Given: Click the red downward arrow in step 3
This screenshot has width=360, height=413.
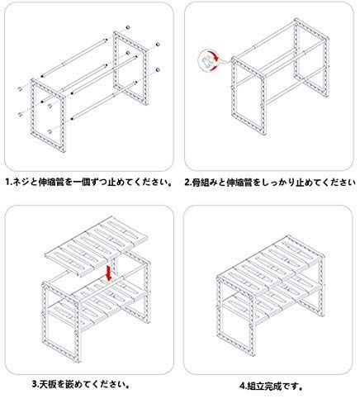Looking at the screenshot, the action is pos(109,273).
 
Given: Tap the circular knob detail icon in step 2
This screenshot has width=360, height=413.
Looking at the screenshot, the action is pos(209,60).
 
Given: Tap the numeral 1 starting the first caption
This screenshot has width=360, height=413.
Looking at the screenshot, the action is pos(7,183).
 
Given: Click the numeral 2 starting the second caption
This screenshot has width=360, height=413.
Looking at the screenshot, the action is pos(187,183).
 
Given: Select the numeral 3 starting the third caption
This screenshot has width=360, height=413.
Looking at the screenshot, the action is pos(35,384).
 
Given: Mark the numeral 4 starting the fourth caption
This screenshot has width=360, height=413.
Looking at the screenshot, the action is pos(242,387).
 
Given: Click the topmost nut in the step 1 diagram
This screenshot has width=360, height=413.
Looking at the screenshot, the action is pos(128,27).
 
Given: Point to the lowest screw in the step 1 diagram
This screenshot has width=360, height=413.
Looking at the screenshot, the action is pos(50,131).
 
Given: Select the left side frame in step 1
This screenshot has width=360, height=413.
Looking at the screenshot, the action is pos(49,115).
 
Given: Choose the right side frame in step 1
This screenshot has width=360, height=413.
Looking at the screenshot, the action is pos(131,68).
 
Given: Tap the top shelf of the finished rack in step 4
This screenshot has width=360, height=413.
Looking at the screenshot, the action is pos(270,263).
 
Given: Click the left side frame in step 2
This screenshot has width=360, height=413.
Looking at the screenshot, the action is pos(249,96).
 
